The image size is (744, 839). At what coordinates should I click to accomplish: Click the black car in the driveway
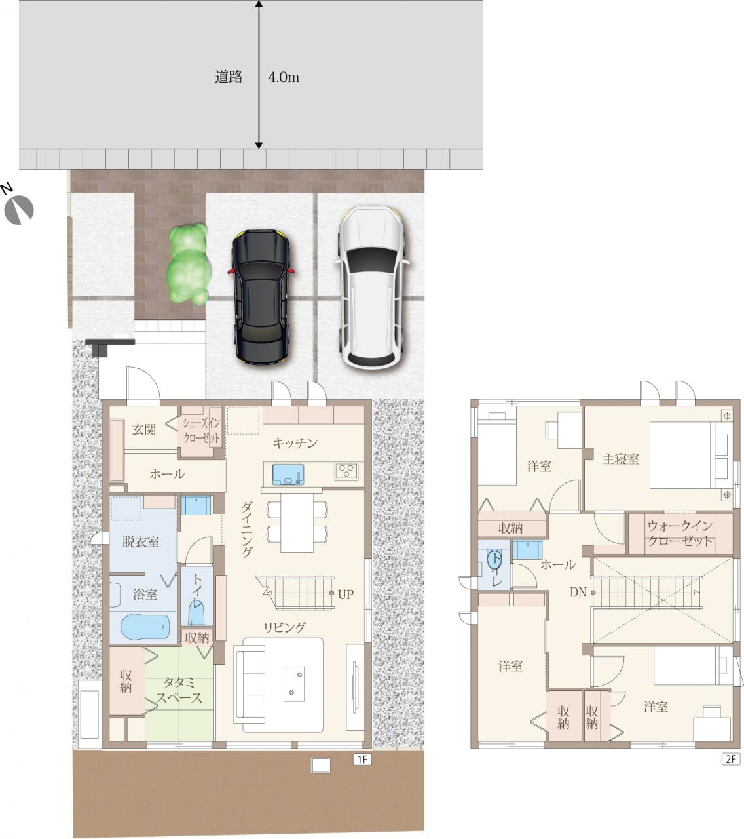pyautogui.click(x=261, y=297)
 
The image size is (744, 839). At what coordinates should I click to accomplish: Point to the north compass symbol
pyautogui.click(x=18, y=210)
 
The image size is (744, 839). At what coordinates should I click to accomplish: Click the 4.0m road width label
pyautogui.click(x=284, y=77)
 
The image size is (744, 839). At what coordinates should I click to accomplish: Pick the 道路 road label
pyautogui.click(x=229, y=77)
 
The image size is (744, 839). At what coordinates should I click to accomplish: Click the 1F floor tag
pyautogui.click(x=362, y=759)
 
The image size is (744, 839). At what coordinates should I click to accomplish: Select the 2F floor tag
pyautogui.click(x=730, y=759)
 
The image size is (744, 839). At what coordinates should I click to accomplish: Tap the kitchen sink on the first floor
pyautogui.click(x=288, y=475)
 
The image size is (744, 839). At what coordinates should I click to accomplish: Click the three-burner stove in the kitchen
pyautogui.click(x=346, y=471)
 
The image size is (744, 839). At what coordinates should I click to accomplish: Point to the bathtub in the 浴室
pyautogui.click(x=145, y=627)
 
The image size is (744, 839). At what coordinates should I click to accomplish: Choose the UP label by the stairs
pyautogui.click(x=346, y=595)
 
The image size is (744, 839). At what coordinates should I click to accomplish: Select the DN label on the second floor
pyautogui.click(x=578, y=592)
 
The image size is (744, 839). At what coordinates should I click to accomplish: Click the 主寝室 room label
pyautogui.click(x=620, y=459)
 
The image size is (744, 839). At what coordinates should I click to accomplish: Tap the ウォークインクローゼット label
pyautogui.click(x=680, y=534)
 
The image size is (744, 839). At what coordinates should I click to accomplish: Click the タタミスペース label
pyautogui.click(x=179, y=690)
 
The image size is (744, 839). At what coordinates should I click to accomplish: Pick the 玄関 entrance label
pyautogui.click(x=144, y=429)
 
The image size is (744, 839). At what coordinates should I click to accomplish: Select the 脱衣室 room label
pyautogui.click(x=141, y=541)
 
